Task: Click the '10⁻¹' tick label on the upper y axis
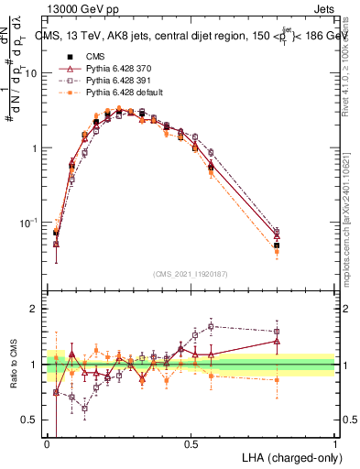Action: pos(27,223)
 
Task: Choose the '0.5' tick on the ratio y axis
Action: pos(29,420)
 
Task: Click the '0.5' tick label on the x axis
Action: pos(191,444)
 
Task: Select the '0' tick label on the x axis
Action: pos(47,444)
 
